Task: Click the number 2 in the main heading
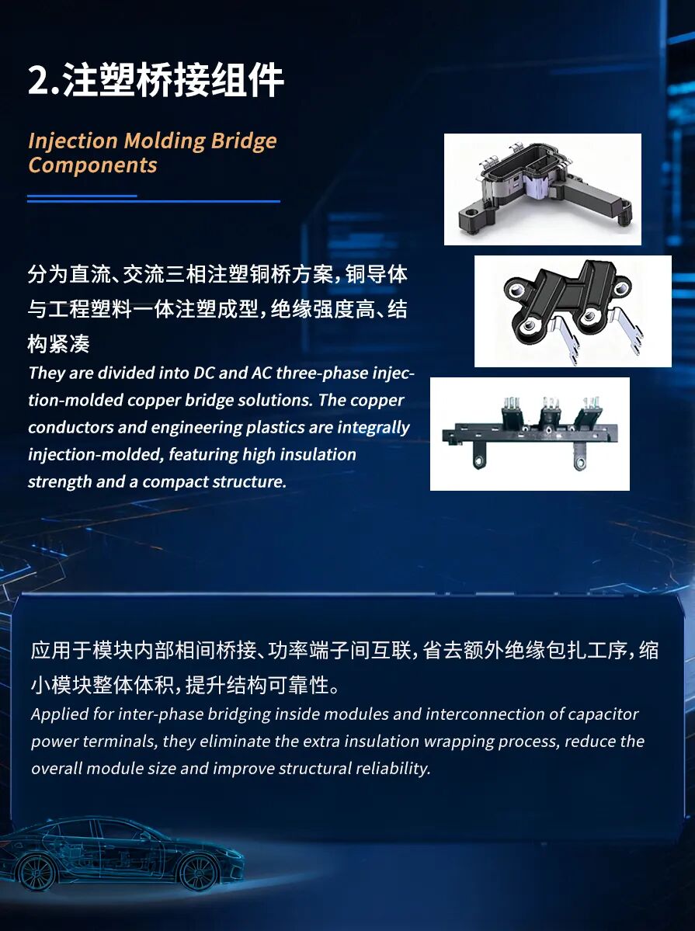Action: (39, 80)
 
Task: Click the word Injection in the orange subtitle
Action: (73, 141)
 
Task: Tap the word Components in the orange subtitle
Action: (92, 165)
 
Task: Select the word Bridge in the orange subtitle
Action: (244, 141)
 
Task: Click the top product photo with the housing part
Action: (542, 189)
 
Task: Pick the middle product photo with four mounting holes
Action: (572, 311)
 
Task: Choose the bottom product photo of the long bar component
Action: (530, 434)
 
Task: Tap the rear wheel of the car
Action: (36, 872)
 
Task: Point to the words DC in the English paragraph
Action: (203, 373)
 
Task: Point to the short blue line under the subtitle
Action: (82, 196)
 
